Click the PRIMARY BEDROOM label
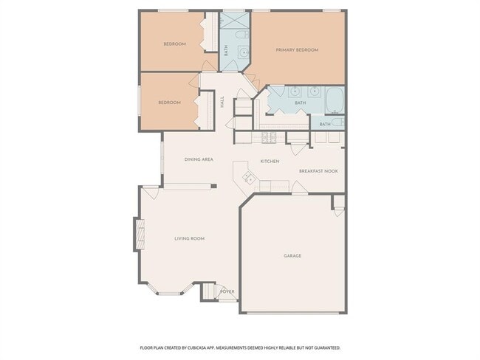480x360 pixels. (297, 50)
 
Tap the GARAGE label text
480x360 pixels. (292, 256)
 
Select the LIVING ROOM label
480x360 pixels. (189, 238)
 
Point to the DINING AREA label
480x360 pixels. (199, 159)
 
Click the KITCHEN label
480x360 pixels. (269, 161)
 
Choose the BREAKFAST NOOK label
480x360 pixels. (318, 171)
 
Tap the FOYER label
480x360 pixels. (227, 291)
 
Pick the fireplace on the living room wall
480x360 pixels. (137, 235)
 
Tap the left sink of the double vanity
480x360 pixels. (295, 92)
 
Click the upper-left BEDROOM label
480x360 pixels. (174, 44)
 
